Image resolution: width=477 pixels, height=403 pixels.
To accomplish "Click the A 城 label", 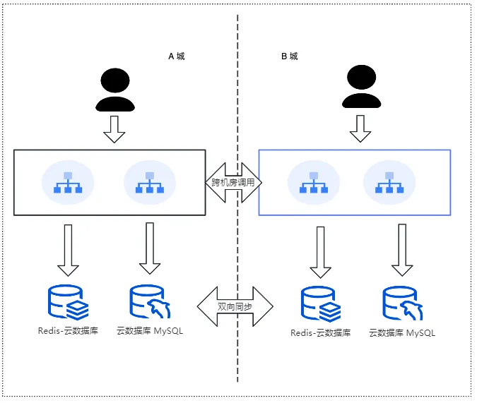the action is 177,56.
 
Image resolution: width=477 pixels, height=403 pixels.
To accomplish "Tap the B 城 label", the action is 290,56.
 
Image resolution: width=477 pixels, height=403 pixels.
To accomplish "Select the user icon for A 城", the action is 115,90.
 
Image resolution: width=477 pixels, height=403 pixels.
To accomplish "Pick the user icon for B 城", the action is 361,87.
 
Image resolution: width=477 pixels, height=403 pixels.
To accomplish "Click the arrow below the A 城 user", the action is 114,129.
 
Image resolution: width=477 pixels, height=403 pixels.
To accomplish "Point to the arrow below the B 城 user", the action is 360,128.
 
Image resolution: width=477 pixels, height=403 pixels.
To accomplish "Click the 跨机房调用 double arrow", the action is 234,182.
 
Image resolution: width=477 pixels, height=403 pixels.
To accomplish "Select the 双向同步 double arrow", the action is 235,306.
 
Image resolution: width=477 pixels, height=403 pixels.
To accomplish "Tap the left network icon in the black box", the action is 68,182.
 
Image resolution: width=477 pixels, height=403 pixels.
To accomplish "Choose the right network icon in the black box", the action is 150,182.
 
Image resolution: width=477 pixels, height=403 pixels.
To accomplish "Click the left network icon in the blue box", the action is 314,182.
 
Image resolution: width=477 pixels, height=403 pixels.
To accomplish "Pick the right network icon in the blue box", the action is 389,182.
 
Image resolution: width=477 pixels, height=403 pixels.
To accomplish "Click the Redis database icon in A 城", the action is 68,302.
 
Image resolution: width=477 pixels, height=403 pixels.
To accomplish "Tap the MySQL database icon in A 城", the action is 150,301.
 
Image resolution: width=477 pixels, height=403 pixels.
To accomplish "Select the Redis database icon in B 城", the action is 321,304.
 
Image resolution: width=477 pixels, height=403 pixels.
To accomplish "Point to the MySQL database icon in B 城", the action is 403,303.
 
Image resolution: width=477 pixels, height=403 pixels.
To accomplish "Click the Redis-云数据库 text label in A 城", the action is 68,331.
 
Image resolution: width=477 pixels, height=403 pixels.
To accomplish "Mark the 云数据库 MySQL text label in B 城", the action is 402,333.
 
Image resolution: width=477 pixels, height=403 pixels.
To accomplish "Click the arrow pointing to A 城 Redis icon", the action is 68,251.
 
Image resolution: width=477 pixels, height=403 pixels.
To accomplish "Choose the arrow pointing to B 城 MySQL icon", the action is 402,250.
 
